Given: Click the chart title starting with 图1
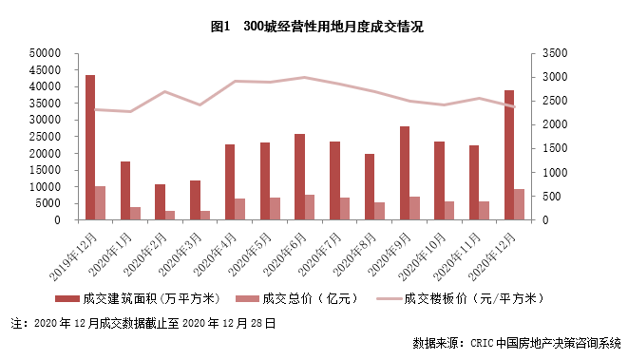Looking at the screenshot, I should [314, 27].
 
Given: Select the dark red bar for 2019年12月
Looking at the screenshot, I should [89, 147].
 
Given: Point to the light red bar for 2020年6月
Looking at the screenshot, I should [310, 207].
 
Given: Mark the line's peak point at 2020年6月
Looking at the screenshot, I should [304, 77].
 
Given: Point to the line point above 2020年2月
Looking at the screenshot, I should [164, 91].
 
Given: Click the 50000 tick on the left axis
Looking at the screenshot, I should [45, 53].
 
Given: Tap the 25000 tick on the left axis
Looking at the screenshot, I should [45, 137].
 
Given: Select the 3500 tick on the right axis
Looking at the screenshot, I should [557, 53].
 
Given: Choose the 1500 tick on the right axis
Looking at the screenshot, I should [557, 148].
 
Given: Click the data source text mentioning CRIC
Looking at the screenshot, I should [517, 342].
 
